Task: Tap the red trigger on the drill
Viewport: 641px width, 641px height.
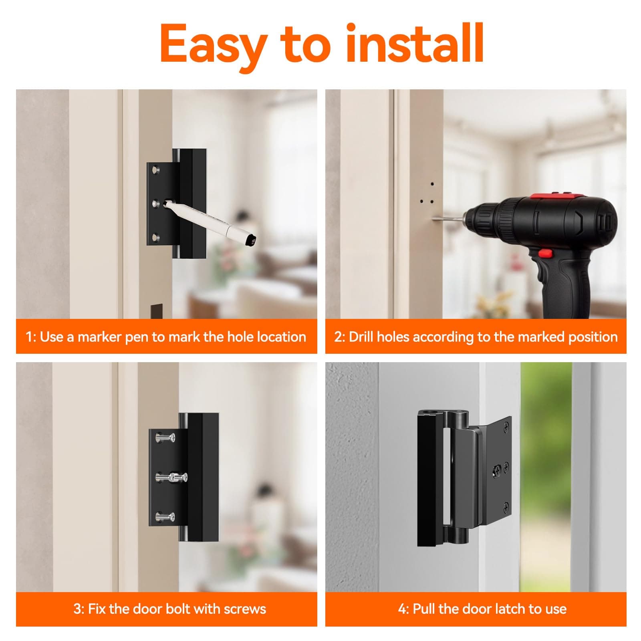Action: pos(544,253)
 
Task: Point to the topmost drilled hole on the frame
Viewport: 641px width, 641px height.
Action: pos(432,185)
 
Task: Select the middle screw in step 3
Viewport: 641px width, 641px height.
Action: pos(171,477)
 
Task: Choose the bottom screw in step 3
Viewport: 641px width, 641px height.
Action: pos(165,516)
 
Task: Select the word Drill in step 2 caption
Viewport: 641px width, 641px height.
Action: pos(361,337)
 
